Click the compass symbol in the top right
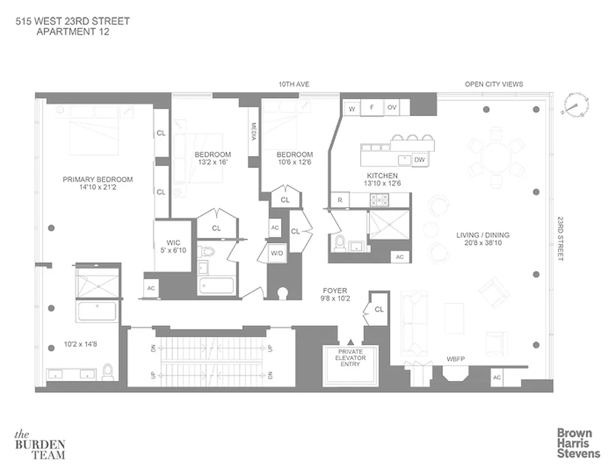tap(576, 104)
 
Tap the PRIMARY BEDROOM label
tap(98, 179)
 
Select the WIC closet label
tap(173, 242)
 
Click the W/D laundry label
tap(277, 254)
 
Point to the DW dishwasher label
tap(419, 160)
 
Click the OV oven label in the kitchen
tap(392, 108)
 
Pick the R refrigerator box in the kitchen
tap(339, 200)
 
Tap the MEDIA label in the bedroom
tap(253, 131)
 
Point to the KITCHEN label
tap(381, 176)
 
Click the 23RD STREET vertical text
tap(560, 238)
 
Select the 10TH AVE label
tap(294, 84)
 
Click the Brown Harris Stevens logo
tap(578, 444)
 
